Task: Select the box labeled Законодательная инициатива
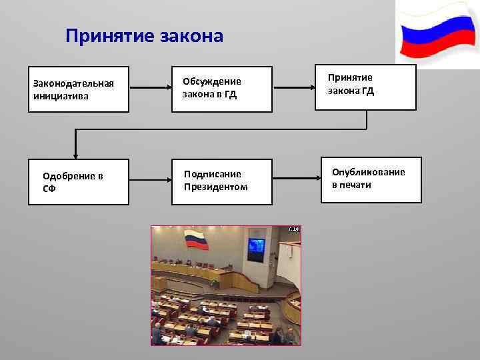point(77,89)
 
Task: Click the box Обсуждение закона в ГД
point(222,89)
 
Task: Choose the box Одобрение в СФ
point(77,181)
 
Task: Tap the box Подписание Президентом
point(222,181)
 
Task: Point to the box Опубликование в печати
point(372,179)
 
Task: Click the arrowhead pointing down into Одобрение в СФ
point(76,155)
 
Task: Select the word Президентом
point(215,187)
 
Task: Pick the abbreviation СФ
point(49,188)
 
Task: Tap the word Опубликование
point(368,173)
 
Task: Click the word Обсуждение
point(212,81)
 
